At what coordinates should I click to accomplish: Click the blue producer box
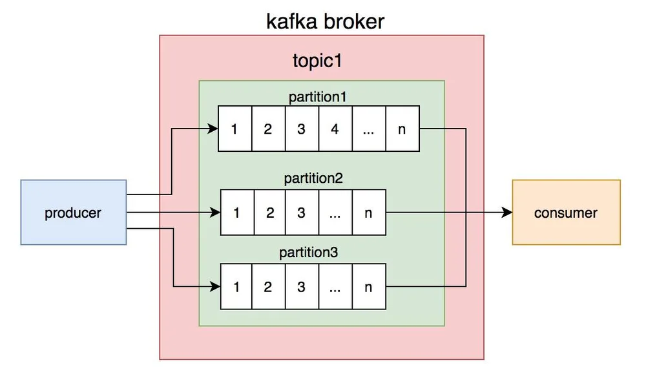(x=74, y=213)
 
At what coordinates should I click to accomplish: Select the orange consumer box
(x=566, y=213)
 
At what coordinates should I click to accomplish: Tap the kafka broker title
(x=325, y=21)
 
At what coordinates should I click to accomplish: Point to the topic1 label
(x=317, y=61)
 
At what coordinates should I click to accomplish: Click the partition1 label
(x=318, y=98)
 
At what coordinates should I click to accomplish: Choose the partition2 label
(x=313, y=178)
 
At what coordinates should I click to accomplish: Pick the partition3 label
(x=309, y=252)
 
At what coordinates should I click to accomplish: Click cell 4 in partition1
(x=335, y=129)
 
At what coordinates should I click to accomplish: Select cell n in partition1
(x=402, y=129)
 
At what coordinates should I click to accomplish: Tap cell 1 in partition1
(x=235, y=129)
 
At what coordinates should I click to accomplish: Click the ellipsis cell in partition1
(x=369, y=129)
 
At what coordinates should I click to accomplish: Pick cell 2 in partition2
(x=270, y=213)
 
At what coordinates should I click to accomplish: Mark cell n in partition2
(x=369, y=213)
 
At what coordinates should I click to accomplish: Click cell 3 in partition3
(x=302, y=286)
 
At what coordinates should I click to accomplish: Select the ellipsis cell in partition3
(x=335, y=286)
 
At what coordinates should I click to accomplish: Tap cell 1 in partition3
(x=236, y=286)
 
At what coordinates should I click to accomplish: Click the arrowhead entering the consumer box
(x=507, y=213)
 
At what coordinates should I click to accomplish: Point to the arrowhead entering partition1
(x=213, y=129)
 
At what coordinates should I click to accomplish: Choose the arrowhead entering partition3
(x=215, y=286)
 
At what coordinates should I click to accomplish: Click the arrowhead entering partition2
(x=215, y=213)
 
